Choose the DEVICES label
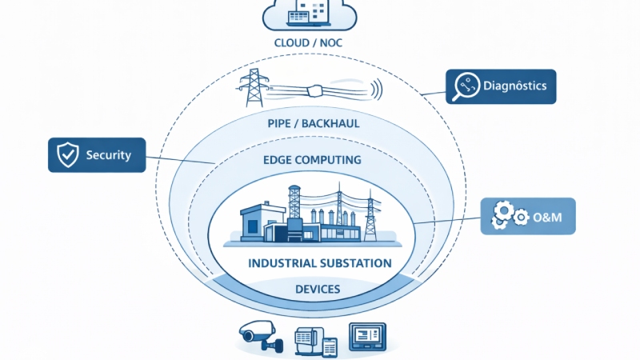point(319,289)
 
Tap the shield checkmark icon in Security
point(66,154)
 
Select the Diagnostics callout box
point(500,86)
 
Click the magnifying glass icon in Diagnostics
point(465,86)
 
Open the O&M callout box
point(528,216)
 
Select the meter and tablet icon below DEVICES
point(317,341)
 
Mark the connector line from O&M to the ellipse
point(448,220)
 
